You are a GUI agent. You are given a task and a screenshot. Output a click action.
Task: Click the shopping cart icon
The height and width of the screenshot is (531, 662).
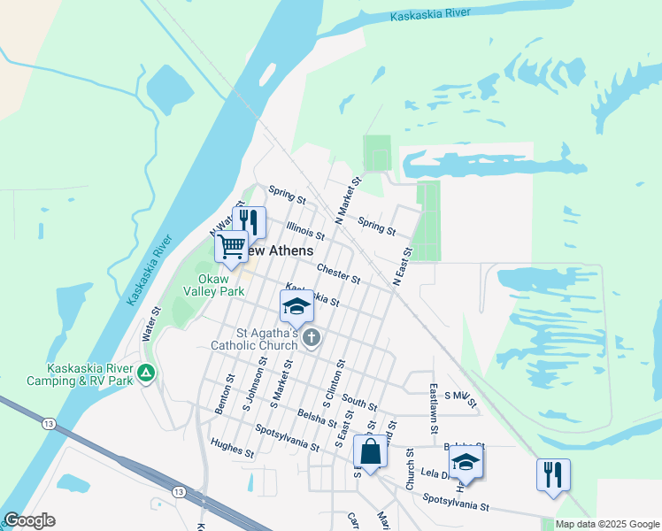pos(231,246)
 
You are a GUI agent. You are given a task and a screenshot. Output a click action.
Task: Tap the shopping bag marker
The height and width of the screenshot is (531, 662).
pos(371,451)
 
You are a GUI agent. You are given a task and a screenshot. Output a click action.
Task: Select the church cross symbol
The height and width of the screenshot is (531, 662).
pos(312,337)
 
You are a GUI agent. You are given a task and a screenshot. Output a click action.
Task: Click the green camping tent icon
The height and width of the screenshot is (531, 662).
pos(147,373)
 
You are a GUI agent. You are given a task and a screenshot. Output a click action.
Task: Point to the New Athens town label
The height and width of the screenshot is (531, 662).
pos(278,251)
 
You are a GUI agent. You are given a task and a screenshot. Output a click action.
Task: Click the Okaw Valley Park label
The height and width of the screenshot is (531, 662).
pos(213,285)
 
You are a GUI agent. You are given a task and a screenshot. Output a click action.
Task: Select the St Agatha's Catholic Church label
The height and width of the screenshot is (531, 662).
pos(253,338)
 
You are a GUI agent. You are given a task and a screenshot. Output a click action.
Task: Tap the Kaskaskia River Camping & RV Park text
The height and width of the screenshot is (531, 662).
pos(91,374)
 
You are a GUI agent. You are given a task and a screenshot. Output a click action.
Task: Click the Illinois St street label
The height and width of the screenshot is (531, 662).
pos(305,232)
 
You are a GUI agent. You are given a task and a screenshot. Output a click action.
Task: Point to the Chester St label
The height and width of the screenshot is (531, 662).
pos(339,273)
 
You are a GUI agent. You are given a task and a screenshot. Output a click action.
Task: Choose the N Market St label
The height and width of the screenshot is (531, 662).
pos(348,199)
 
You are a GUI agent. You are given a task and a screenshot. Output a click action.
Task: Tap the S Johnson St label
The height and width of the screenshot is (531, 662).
pos(255,385)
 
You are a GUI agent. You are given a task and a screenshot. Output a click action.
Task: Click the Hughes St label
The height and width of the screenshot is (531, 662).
pos(233,450)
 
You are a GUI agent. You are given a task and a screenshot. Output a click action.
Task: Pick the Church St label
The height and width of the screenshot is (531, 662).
pos(411,469)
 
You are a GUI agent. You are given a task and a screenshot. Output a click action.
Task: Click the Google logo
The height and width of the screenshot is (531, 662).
pos(29,520)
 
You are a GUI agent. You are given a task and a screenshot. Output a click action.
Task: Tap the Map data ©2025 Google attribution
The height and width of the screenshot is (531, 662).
pos(607,524)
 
